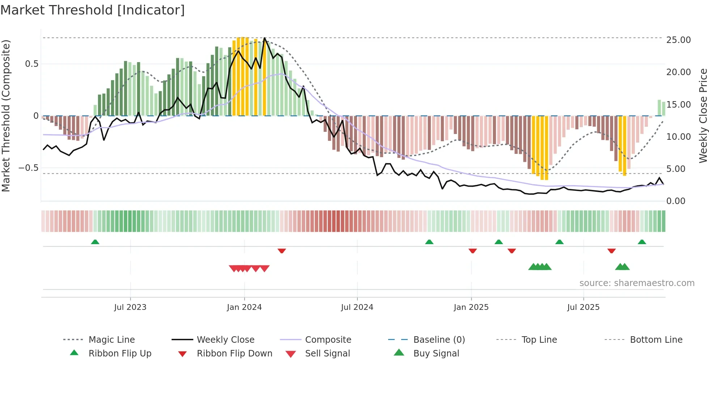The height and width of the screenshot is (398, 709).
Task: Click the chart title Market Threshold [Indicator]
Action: click(x=93, y=10)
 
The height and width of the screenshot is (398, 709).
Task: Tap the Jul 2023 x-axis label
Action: click(x=130, y=307)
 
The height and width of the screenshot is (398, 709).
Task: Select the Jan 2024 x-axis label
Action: click(x=244, y=307)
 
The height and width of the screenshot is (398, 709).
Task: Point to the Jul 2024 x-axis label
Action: click(x=357, y=307)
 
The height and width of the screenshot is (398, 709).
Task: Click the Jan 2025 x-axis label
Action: click(x=471, y=307)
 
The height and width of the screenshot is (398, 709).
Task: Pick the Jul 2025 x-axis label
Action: click(x=583, y=307)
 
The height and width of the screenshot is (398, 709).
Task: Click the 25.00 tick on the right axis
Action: click(x=678, y=40)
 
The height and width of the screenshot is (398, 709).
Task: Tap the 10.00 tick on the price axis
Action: click(x=678, y=137)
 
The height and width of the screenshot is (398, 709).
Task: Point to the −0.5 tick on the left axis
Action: click(x=29, y=168)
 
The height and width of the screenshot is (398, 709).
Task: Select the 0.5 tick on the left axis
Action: click(x=31, y=64)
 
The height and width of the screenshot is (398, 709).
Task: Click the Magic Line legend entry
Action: click(x=111, y=340)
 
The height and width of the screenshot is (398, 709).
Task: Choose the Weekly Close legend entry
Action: click(x=225, y=340)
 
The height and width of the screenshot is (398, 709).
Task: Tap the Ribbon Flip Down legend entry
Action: click(x=234, y=354)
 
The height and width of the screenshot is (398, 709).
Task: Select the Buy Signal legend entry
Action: click(x=436, y=354)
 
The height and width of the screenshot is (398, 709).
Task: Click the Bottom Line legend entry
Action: click(x=656, y=340)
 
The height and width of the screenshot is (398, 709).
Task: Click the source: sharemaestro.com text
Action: click(x=637, y=283)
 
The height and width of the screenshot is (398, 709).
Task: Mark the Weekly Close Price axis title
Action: click(x=703, y=116)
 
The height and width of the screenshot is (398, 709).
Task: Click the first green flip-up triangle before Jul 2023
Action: click(x=95, y=242)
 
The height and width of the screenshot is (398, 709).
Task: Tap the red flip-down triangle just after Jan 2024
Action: click(x=282, y=251)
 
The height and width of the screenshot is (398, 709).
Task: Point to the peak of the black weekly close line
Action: click(x=265, y=38)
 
